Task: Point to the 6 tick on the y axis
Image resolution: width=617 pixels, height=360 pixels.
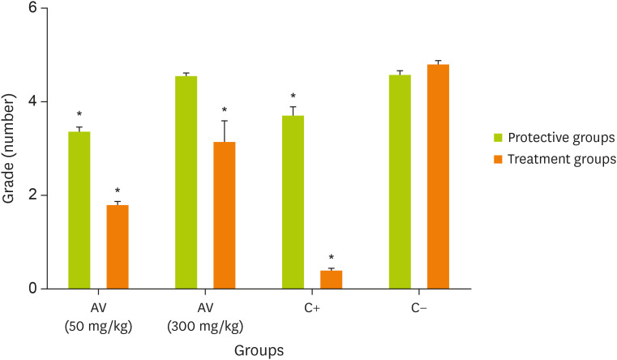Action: [41, 8]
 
